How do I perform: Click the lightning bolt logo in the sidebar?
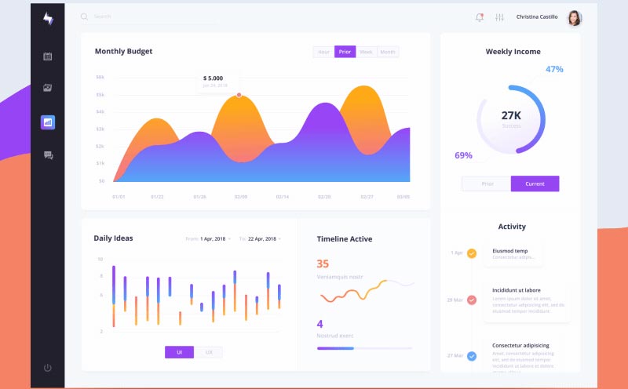48,19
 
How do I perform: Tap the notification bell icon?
479,16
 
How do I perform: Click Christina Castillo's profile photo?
575,17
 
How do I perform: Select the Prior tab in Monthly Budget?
345,52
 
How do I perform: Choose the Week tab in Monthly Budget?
366,52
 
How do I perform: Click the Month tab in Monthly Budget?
388,52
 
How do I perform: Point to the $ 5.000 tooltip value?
213,78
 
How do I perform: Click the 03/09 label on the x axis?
240,197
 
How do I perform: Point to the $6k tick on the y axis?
100,77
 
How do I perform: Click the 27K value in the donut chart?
511,116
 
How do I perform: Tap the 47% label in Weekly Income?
554,69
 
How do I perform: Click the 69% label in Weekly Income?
463,155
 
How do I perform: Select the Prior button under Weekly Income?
487,184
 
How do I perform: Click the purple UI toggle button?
179,352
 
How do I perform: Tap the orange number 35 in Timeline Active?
323,264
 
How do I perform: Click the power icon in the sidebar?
48,367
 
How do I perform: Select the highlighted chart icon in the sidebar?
48,122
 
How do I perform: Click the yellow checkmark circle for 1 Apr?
472,253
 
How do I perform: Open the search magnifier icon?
84,16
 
